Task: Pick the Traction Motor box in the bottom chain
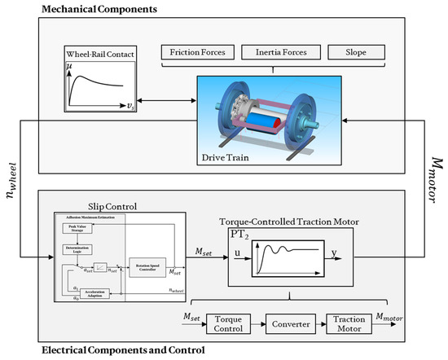pos(351,323)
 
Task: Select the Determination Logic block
pos(78,249)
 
